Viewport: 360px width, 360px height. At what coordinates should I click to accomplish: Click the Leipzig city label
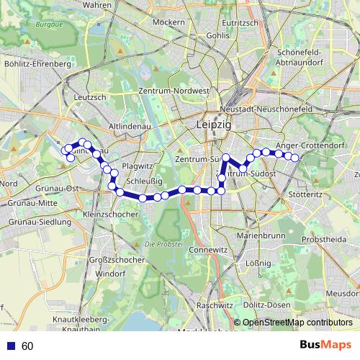tap(213, 125)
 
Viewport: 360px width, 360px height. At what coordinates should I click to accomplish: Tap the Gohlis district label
tap(217, 35)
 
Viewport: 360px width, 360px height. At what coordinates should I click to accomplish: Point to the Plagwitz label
tap(138, 166)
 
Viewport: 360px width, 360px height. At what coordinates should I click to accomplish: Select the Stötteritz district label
tap(305, 194)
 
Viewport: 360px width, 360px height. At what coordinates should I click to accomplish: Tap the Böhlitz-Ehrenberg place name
tap(37, 63)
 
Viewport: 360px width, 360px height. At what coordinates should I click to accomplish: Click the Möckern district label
tap(170, 22)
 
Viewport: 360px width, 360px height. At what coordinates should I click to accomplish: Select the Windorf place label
tap(111, 274)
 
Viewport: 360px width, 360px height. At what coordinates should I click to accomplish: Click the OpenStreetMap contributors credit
tap(297, 323)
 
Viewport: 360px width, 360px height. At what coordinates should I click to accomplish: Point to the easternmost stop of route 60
tap(294, 158)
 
